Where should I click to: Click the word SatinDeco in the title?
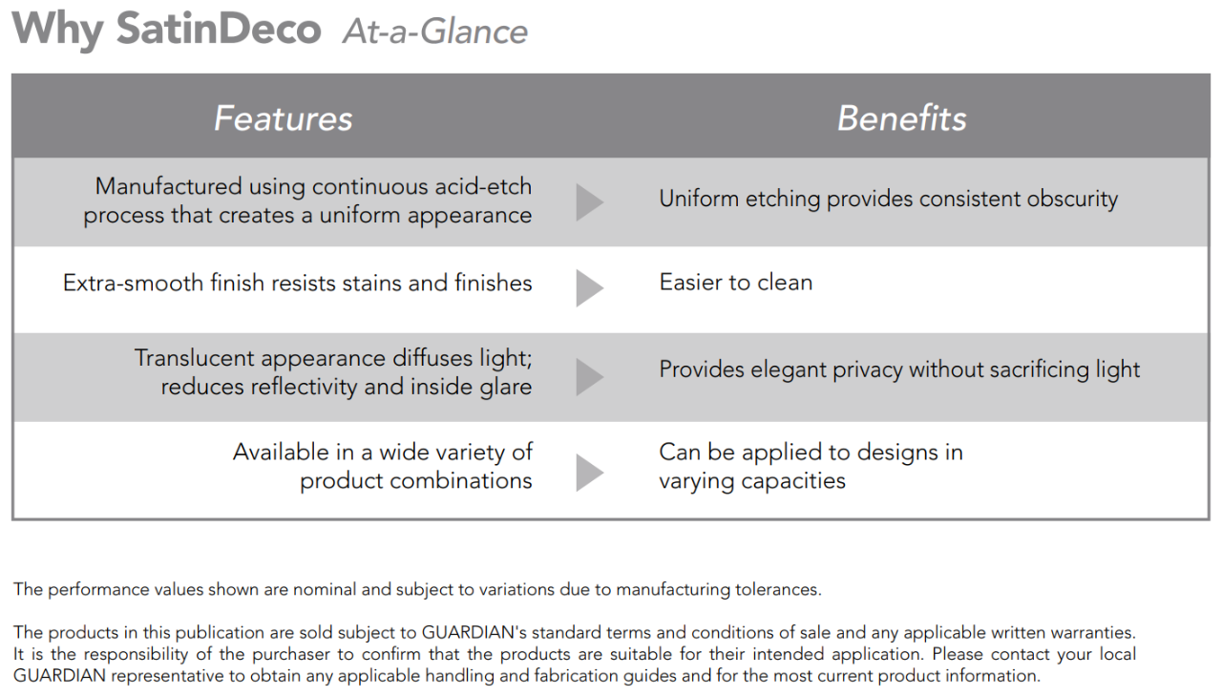point(219,29)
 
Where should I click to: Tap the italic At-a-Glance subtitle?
point(434,32)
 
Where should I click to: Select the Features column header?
point(284,118)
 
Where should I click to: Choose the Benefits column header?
point(902,118)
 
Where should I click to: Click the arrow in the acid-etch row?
point(590,202)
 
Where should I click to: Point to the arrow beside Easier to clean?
point(590,288)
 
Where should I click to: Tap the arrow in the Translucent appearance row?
point(590,377)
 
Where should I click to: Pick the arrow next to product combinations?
point(590,473)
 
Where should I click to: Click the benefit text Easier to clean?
point(735,283)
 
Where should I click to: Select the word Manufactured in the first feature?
point(168,186)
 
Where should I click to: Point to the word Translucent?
point(194,358)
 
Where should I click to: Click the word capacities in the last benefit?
point(793,481)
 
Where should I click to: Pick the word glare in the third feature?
point(506,388)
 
